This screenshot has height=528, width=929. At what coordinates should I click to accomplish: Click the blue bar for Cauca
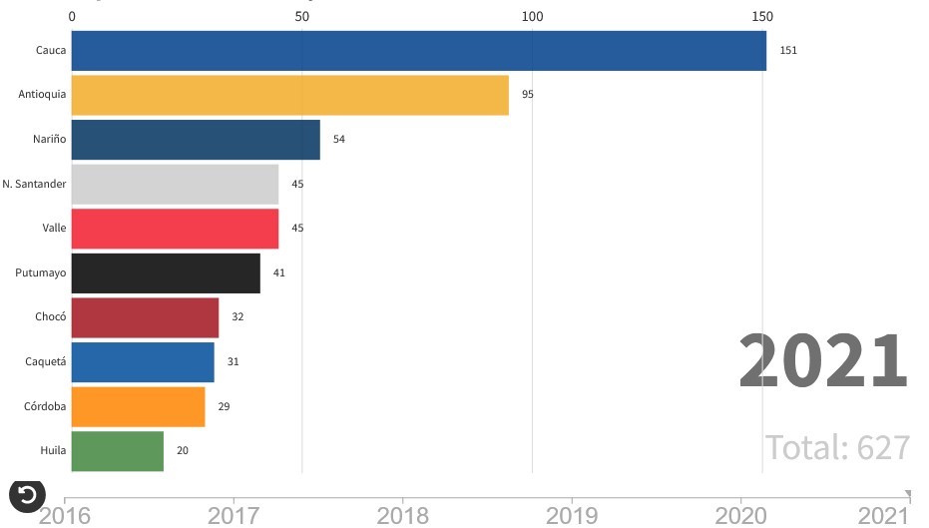point(419,50)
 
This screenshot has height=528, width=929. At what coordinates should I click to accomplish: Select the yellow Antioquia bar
point(290,95)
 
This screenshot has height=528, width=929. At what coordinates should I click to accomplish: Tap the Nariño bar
point(196,140)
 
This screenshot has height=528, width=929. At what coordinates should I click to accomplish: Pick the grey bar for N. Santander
point(175,184)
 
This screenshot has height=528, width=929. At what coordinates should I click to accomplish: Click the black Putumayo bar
point(166,273)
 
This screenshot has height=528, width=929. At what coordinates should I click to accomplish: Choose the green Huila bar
point(118,451)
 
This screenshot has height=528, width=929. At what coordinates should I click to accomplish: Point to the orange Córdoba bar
point(139,406)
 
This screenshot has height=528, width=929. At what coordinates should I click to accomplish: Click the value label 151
point(788,50)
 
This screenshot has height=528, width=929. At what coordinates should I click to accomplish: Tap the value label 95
point(528,95)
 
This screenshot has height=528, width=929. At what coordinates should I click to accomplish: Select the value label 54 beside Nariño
point(339,140)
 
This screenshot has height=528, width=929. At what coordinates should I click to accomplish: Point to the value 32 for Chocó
point(237,317)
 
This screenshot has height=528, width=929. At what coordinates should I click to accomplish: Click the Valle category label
point(54,229)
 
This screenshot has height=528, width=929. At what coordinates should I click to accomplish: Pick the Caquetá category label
point(46,362)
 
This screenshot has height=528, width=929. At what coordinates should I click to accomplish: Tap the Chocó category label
point(50,317)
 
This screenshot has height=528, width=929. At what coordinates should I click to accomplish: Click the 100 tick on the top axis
point(532,17)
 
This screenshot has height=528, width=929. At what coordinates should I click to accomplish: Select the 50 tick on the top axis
point(301,17)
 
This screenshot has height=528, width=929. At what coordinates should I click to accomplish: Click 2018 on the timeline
point(402,515)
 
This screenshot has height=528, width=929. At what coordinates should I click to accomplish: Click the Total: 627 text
point(837,447)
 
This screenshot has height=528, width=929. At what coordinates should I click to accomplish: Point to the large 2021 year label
point(823,361)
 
